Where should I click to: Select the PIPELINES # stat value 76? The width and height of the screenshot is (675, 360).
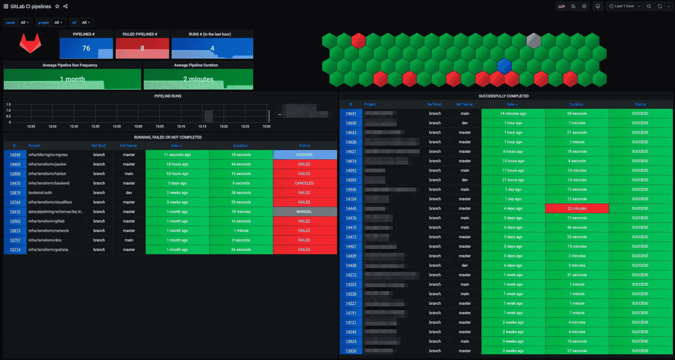tap(86, 48)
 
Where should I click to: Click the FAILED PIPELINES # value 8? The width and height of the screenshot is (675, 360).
tap(142, 48)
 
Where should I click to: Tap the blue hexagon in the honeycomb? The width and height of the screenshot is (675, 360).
tap(504, 66)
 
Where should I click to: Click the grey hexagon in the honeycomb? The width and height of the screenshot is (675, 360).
tap(534, 41)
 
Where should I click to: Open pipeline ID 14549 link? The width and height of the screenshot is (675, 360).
tap(15, 155)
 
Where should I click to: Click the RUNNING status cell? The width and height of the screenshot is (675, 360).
tap(304, 155)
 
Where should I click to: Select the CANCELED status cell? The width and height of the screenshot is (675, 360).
tap(304, 183)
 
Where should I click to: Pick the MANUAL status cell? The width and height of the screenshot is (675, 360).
tap(304, 212)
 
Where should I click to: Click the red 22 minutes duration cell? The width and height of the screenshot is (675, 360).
tap(577, 208)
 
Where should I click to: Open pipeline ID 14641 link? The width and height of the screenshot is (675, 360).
tap(351, 114)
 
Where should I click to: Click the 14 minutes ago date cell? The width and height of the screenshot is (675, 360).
tap(513, 114)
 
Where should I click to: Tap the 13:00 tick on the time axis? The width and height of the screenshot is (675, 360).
tap(138, 126)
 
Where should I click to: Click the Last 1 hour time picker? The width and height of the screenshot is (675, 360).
tap(625, 6)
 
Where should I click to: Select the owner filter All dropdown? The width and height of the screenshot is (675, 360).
tap(25, 22)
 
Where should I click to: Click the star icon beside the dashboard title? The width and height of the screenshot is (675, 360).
tap(57, 6)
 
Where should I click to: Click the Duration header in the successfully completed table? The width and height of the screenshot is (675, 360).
tap(576, 104)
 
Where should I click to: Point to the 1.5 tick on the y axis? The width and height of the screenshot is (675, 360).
tap(8, 104)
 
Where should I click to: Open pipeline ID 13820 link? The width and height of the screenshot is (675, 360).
tap(351, 351)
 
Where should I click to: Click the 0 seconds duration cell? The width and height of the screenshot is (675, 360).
tap(241, 240)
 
